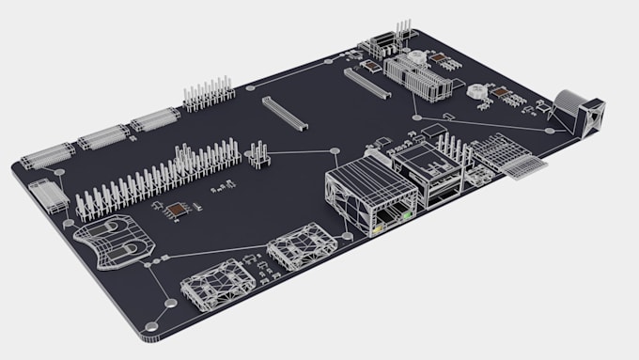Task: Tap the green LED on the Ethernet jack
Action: (x=407, y=216)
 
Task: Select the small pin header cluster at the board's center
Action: (x=257, y=154)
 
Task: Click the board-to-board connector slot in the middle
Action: (x=283, y=113)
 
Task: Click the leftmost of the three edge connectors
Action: (x=48, y=155)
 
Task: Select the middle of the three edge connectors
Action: (x=103, y=136)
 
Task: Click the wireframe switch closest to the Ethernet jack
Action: (x=301, y=248)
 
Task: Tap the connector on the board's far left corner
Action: (x=48, y=195)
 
